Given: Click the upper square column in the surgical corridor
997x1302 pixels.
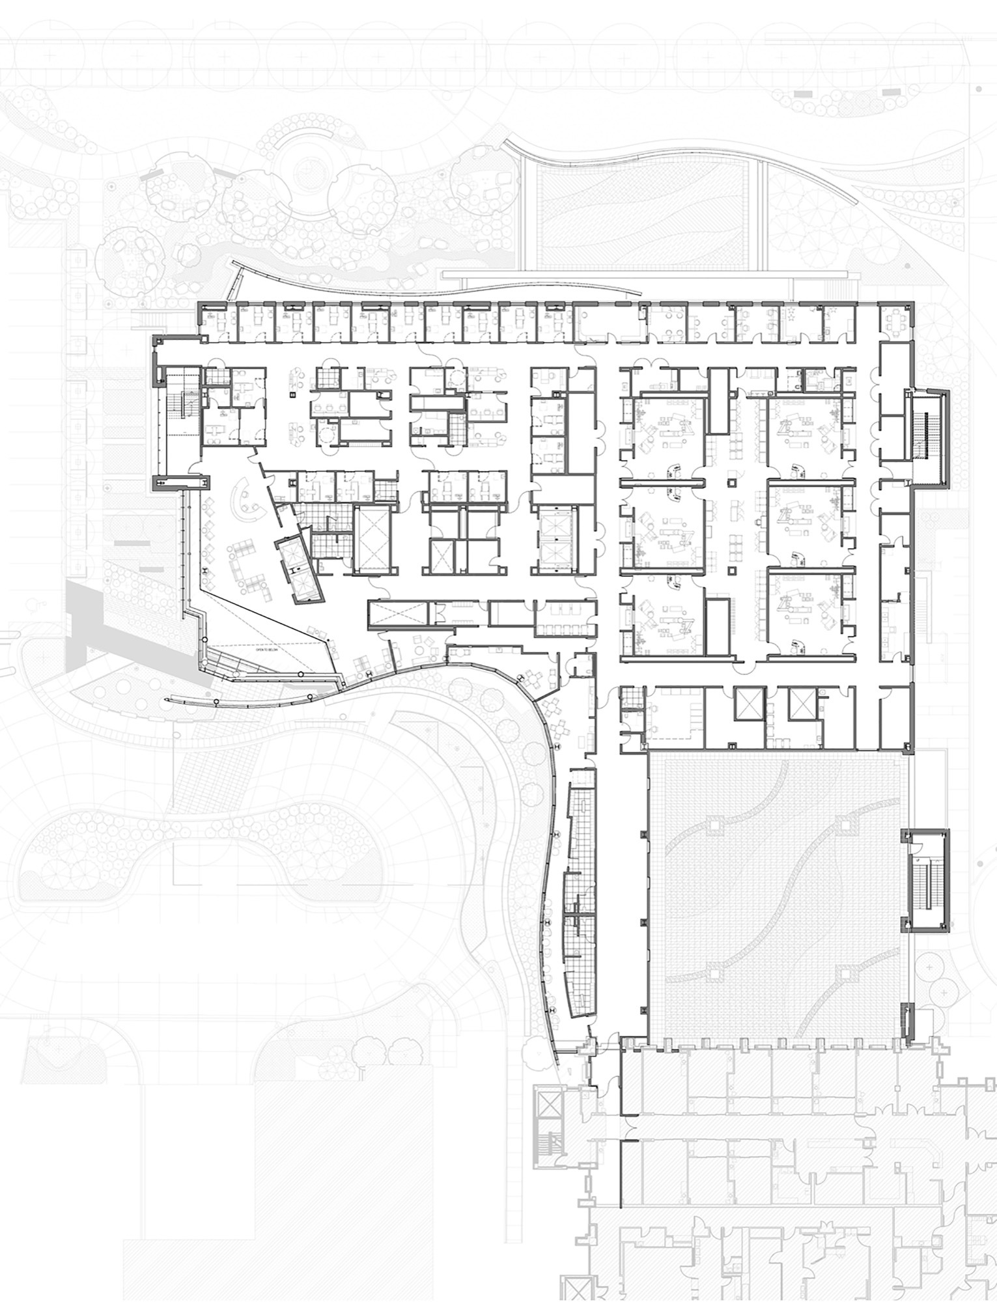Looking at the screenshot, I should tap(732, 482).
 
